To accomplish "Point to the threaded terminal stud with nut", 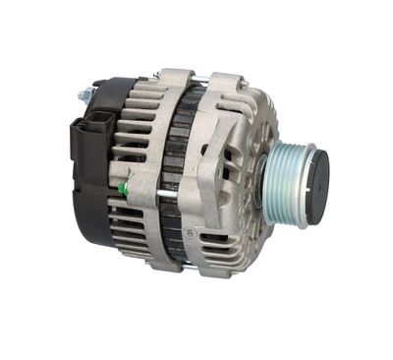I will tap(85, 94).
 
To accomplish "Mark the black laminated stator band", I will tap(176, 177).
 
